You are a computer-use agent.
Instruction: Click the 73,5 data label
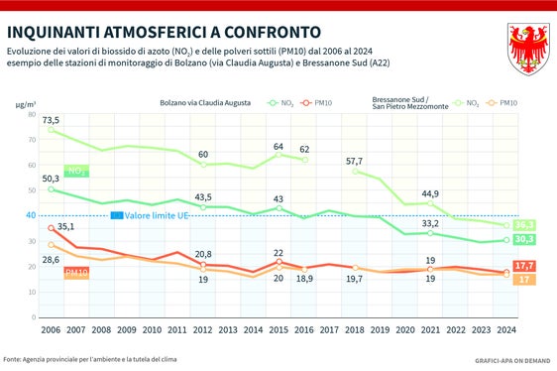click(x=51, y=120)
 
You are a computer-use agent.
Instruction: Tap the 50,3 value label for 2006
click(x=49, y=179)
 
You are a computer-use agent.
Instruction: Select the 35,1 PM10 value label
click(x=64, y=226)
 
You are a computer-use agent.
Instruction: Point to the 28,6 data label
click(x=49, y=259)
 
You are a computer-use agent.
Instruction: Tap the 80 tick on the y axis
click(x=31, y=114)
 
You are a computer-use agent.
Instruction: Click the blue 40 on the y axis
click(x=31, y=215)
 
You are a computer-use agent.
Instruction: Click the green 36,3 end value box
click(x=526, y=225)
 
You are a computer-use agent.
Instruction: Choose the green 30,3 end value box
click(x=526, y=239)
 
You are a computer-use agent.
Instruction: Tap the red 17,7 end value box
click(x=526, y=266)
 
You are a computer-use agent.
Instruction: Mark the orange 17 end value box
click(x=526, y=281)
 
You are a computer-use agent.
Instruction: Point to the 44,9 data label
click(x=430, y=193)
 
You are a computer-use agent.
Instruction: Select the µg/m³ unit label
click(x=25, y=102)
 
